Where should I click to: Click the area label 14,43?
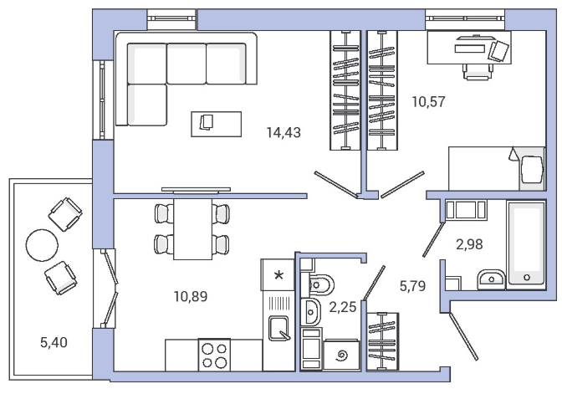tap(284, 133)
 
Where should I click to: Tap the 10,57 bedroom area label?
tap(429, 102)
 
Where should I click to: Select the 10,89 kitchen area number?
tap(191, 297)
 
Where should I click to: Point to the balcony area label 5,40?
tap(54, 343)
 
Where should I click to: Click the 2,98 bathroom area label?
tap(469, 244)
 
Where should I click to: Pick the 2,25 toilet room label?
tap(343, 307)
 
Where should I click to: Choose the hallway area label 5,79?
tap(412, 286)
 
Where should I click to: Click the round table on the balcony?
tap(42, 245)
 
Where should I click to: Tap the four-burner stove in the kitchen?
tap(214, 355)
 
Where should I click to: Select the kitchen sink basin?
tap(278, 328)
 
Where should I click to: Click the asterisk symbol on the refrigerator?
tap(278, 275)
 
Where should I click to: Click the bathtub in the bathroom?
tap(526, 245)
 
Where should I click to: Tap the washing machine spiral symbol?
tap(341, 356)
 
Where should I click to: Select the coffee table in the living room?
tap(216, 124)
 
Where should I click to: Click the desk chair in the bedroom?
tap(476, 72)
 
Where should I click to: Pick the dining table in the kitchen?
tap(192, 229)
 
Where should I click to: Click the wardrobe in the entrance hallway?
tap(383, 341)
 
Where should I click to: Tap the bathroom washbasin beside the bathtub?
tap(492, 279)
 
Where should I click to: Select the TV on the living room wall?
tap(196, 190)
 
